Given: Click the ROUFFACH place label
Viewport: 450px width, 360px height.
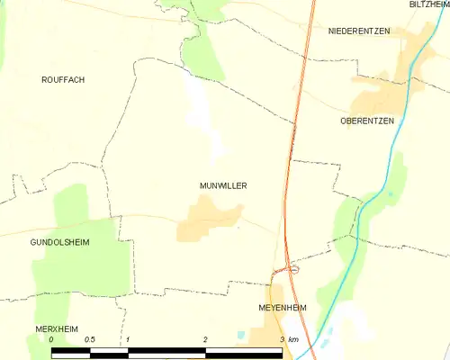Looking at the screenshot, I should pos(63,80).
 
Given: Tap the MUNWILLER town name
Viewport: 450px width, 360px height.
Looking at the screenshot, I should pos(223,186).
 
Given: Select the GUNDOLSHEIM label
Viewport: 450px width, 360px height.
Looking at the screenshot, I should pos(59,243).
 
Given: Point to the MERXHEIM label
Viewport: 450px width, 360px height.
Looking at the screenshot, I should pos(57,329).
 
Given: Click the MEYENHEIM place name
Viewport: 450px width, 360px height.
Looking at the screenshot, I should pos(283,308).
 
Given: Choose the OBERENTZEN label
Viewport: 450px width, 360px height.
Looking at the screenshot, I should pos(367,121).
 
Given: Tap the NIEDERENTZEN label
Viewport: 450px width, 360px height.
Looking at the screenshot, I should pos(359,31).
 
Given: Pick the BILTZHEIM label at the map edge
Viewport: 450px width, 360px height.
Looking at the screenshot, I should pos(428,5).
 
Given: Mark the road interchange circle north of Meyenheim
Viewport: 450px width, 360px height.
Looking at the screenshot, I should pos(294,268).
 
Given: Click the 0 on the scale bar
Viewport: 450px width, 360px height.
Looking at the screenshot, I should pos(52,339).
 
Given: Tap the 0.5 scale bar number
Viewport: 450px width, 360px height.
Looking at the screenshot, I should pos(90,339).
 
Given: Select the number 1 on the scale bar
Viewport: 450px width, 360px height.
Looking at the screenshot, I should pos(129,339).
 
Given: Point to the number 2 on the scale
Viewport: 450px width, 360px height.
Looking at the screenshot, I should pos(206,339).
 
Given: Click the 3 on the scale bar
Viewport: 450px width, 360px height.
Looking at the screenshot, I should pos(282,339).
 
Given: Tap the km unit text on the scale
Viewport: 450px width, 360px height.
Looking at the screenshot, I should pos(293,339).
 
